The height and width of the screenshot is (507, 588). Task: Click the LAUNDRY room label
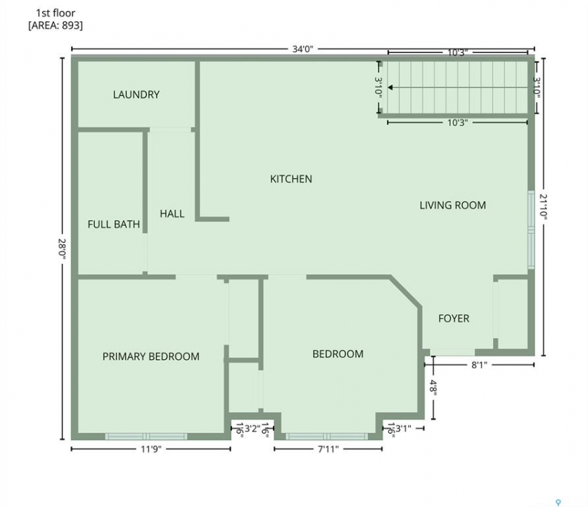click(136, 94)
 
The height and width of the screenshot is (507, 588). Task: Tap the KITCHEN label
click(291, 179)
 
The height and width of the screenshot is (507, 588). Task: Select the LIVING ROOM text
click(453, 205)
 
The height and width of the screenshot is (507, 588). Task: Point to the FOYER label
click(454, 318)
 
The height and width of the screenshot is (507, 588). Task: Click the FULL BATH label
click(114, 224)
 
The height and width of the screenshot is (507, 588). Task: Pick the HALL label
click(172, 213)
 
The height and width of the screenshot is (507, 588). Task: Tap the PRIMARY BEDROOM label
click(151, 356)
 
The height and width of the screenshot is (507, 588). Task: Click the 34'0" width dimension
click(302, 49)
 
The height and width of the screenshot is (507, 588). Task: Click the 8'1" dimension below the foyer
click(479, 365)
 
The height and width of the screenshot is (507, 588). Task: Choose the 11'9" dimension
click(151, 449)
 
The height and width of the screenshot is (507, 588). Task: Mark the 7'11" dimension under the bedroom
click(328, 449)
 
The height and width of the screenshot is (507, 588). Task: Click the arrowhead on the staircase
click(390, 87)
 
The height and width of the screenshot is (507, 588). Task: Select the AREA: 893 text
click(56, 25)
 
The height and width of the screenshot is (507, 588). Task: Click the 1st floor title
click(56, 13)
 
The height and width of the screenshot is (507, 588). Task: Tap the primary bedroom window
click(146, 437)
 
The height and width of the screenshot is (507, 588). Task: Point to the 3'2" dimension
click(253, 429)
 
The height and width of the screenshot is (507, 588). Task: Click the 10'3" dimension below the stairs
click(457, 123)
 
